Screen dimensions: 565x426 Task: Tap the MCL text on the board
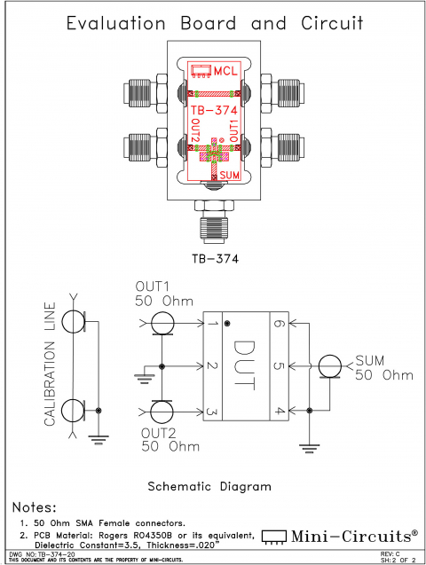click(228, 71)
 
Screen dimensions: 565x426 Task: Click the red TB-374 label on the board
click(212, 111)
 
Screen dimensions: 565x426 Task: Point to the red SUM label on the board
click(229, 176)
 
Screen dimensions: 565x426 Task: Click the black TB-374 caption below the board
click(213, 259)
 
